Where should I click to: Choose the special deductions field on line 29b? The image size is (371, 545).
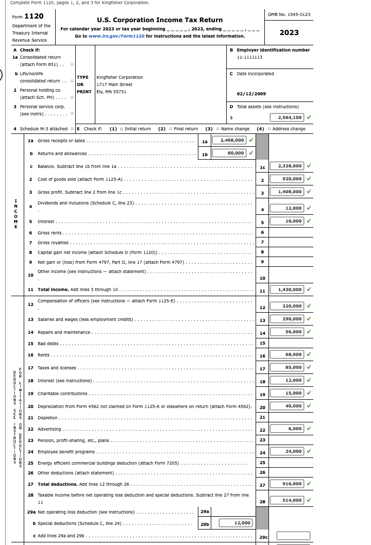click(236, 523)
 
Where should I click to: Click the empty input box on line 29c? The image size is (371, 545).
click(293, 536)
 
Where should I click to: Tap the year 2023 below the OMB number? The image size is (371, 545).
click(289, 32)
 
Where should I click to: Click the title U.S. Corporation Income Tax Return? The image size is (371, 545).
click(160, 20)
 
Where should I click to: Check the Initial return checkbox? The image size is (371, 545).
click(120, 129)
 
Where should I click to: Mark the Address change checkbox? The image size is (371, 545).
click(268, 129)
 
